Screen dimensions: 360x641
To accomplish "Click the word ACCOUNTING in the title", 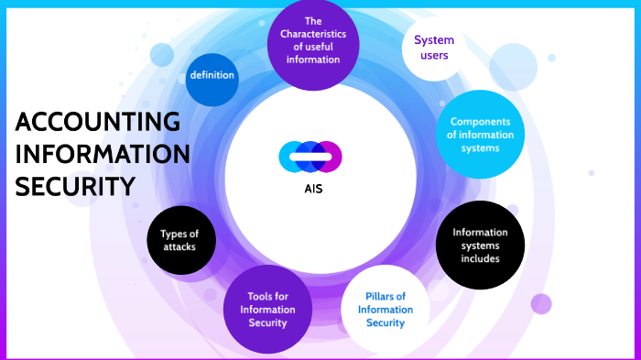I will (98, 123).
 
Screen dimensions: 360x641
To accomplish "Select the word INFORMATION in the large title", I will (103, 154).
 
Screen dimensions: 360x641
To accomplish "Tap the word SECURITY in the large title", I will (75, 186).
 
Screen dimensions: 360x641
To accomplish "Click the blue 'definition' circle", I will (212, 75).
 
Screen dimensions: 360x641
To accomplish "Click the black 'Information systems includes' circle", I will (480, 245).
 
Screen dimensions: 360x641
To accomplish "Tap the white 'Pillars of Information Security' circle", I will (385, 309).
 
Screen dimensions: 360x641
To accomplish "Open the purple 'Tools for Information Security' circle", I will (267, 309).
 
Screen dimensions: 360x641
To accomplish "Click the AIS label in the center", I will (313, 190).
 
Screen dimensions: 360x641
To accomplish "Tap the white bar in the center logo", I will (310, 158).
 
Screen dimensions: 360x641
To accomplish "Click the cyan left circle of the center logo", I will (291, 157).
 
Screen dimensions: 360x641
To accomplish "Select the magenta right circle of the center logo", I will (330, 157).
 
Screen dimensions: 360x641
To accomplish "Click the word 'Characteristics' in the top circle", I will (313, 33).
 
